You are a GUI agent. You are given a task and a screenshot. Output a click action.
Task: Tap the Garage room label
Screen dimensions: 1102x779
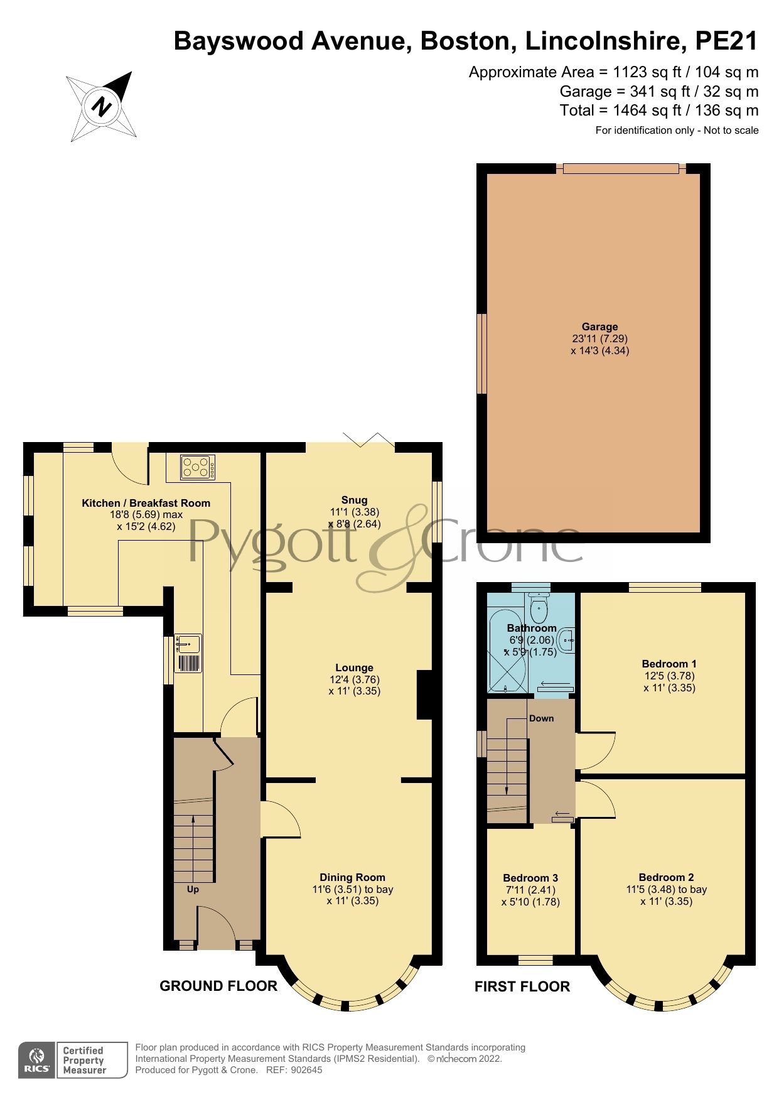[599, 327]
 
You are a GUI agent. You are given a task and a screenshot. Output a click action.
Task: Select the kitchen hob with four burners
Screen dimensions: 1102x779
[198, 467]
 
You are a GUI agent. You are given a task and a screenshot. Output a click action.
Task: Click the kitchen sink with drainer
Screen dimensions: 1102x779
[188, 653]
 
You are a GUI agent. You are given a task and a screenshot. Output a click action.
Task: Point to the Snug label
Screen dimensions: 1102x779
[354, 500]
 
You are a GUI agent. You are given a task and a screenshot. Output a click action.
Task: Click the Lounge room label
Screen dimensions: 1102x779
[354, 667]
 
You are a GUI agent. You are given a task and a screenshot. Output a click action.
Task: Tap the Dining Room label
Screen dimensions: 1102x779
[352, 877]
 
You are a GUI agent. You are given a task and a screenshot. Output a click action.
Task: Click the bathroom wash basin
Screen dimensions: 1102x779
[567, 640]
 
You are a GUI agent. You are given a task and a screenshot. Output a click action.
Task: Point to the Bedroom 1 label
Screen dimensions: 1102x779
[669, 664]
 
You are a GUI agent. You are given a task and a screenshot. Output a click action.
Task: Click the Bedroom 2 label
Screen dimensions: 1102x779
[666, 877]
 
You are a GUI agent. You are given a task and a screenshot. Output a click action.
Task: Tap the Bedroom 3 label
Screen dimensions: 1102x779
[530, 878]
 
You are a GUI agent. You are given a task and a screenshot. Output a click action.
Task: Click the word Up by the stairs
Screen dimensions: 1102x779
[193, 889]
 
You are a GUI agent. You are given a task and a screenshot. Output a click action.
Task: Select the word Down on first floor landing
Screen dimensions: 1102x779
[541, 718]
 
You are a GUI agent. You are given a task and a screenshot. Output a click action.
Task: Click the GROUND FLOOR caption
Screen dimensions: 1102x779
[218, 986]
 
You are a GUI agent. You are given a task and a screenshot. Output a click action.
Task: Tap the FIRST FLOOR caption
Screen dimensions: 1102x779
[522, 986]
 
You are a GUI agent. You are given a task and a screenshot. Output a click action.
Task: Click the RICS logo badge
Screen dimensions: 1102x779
[37, 1060]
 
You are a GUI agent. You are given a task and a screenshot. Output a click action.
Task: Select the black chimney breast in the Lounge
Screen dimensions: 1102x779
[425, 694]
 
